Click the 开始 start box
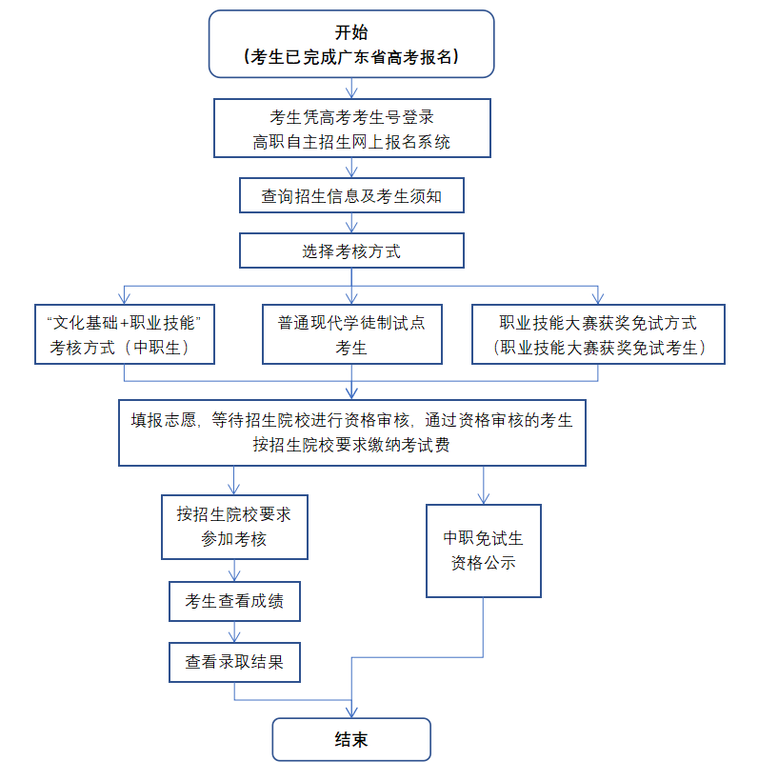[x=351, y=44]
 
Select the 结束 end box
[x=351, y=739]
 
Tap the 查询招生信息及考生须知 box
[x=351, y=196]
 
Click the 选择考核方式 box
[x=351, y=251]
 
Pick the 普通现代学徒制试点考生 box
[x=351, y=334]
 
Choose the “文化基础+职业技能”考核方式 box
[x=124, y=334]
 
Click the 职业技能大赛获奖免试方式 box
[x=598, y=334]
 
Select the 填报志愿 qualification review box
[x=351, y=431]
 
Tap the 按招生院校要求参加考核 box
[x=233, y=527]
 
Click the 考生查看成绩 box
[x=233, y=602]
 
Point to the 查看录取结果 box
[x=233, y=661]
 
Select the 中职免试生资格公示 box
[x=483, y=551]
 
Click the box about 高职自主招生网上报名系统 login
[x=351, y=130]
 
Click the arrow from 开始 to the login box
[x=351, y=88]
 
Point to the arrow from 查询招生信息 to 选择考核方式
[x=351, y=225]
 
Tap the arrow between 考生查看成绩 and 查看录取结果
[x=233, y=632]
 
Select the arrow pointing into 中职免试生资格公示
[x=483, y=486]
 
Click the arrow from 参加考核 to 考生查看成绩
[x=233, y=571]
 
